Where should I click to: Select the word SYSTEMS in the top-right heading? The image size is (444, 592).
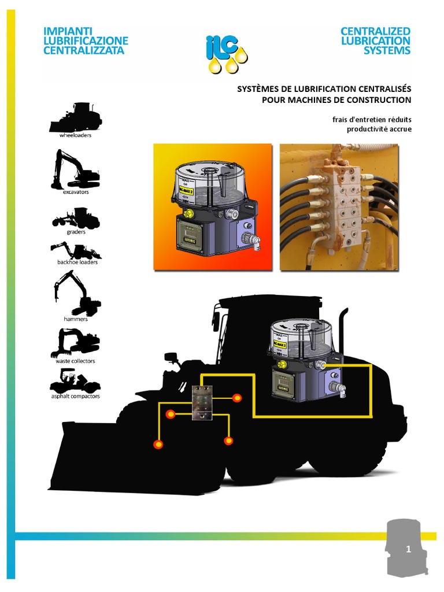387,50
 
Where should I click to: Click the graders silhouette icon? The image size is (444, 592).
76,218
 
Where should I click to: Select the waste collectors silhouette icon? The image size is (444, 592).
75,342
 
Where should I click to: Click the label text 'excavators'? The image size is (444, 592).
76,192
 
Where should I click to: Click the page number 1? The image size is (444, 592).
408,550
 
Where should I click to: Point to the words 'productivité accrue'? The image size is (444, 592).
379,129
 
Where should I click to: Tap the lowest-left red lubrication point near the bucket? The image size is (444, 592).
157,444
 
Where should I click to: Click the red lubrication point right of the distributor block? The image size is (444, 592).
236,398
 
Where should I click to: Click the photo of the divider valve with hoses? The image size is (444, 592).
339,207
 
